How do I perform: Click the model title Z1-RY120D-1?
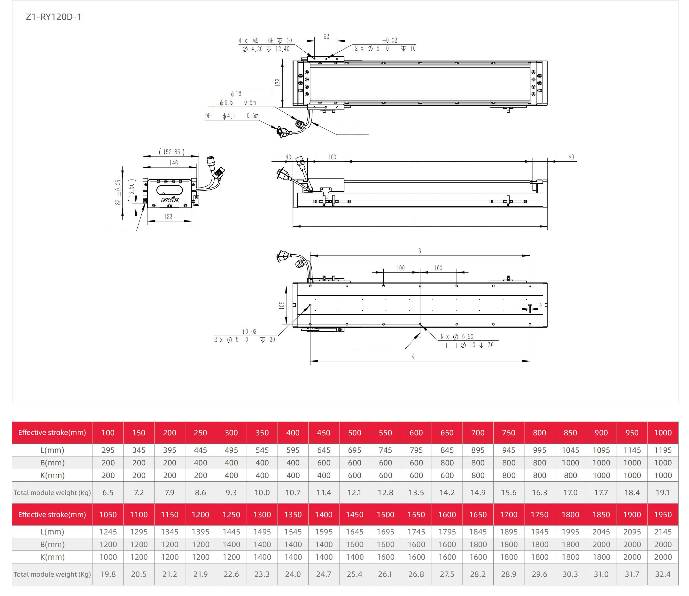coord(54,17)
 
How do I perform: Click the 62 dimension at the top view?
coord(326,36)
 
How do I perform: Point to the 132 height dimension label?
coord(278,82)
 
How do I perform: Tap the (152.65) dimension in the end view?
coord(172,152)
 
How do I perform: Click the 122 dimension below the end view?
coord(168,217)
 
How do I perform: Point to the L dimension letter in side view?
coord(415,222)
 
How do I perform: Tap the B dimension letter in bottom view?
coord(420,251)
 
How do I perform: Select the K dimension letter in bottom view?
coord(413,357)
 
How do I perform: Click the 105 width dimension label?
coord(282,305)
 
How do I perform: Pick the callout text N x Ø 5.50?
coord(457,337)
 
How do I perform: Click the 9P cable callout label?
coord(208,116)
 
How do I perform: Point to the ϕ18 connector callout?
coord(236,94)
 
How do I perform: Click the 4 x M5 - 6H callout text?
coord(256,40)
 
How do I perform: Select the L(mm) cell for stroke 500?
coord(355,450)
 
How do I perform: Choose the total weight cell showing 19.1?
coord(663,492)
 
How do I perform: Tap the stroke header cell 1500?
coord(385,515)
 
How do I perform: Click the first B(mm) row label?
coord(52,463)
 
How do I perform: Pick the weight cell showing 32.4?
coord(663,574)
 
